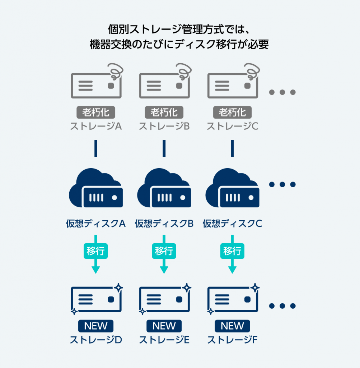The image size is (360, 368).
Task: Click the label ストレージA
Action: [96, 126]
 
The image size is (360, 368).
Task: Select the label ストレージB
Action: [164, 126]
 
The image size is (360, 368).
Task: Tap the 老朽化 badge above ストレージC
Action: [232, 112]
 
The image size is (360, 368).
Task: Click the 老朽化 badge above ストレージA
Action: [96, 112]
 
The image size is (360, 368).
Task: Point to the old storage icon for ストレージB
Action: [164, 86]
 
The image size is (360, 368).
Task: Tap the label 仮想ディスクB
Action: [164, 224]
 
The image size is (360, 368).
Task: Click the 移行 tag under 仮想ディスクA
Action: [96, 250]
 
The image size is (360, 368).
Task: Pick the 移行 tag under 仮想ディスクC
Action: [232, 250]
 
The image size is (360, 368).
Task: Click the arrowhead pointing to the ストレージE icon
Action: [164, 269]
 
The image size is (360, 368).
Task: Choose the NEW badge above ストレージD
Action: [96, 326]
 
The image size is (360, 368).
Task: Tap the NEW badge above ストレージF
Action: [232, 326]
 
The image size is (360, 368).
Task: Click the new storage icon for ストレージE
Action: [164, 299]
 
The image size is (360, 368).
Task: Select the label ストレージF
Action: [232, 340]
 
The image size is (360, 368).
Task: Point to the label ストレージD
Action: [96, 340]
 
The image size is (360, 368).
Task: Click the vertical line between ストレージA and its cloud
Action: [96, 148]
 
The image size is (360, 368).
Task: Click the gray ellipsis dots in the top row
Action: [282, 92]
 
